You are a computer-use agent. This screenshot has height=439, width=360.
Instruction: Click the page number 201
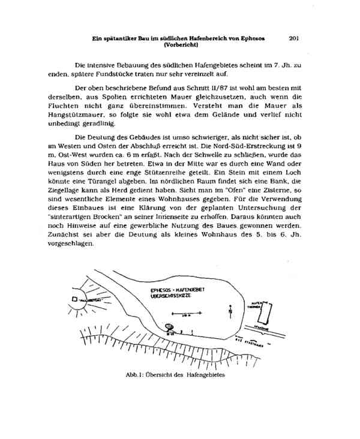(293, 38)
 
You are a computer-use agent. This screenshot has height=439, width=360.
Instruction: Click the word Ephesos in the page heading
(251, 38)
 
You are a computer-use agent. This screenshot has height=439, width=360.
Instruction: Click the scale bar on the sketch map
(180, 312)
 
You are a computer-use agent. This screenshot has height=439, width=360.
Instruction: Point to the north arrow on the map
(231, 311)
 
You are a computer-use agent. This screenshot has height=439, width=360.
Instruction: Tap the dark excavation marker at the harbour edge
(169, 327)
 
